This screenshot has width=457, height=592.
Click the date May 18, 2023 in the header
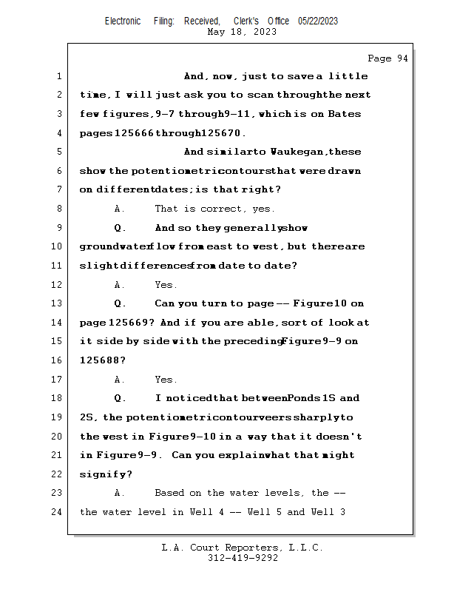click(242, 32)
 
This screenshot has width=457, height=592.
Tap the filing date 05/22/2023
click(318, 21)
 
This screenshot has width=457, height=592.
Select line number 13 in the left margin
click(58, 303)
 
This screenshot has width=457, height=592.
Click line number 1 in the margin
click(58, 76)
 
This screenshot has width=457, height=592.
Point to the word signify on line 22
click(104, 474)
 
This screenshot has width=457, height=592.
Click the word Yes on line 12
click(166, 285)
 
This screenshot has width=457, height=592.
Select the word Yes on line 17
click(166, 380)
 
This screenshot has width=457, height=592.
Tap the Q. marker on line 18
click(121, 398)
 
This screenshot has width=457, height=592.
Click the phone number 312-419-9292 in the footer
click(243, 558)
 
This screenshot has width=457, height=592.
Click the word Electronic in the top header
click(123, 21)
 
